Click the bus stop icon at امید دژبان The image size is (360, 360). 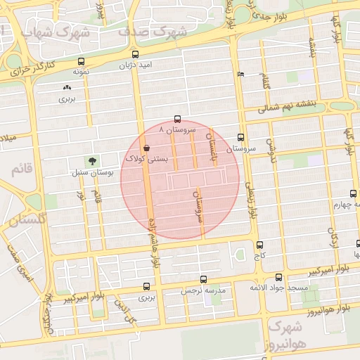(x=134, y=54)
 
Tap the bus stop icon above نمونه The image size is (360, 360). (x=80, y=61)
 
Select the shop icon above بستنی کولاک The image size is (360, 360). (x=146, y=148)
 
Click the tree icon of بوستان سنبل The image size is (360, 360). (x=93, y=161)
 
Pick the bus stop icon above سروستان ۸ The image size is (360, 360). (x=176, y=120)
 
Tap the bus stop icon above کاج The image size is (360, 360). (x=260, y=245)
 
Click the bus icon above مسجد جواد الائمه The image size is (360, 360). (x=279, y=277)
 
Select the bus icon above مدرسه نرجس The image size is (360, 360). (x=203, y=279)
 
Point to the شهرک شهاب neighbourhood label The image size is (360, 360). (x=56, y=32)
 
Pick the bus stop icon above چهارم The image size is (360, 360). (x=352, y=194)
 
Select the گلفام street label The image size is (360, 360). (x=266, y=81)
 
